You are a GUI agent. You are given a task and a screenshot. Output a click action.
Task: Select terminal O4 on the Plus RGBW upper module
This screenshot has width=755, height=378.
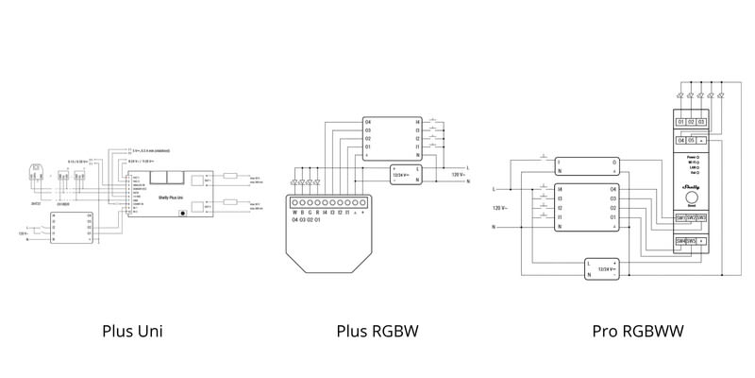pos(367,122)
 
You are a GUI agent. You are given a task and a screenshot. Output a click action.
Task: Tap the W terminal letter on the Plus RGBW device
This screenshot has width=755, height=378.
pos(294,213)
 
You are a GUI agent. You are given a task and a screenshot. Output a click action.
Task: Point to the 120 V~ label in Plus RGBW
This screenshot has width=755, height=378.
pos(458,175)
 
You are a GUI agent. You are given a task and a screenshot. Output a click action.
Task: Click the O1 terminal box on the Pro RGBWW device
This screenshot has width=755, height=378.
pos(680,122)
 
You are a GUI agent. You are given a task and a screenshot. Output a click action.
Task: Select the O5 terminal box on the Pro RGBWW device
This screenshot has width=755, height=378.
pos(693,141)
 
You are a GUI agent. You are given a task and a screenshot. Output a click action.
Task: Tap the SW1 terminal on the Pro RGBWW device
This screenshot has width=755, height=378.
pos(679,218)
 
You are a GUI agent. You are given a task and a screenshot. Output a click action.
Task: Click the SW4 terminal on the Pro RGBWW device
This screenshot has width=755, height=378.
pos(679,241)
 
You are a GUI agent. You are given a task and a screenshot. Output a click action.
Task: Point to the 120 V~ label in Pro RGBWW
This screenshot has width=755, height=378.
pos(500,207)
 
